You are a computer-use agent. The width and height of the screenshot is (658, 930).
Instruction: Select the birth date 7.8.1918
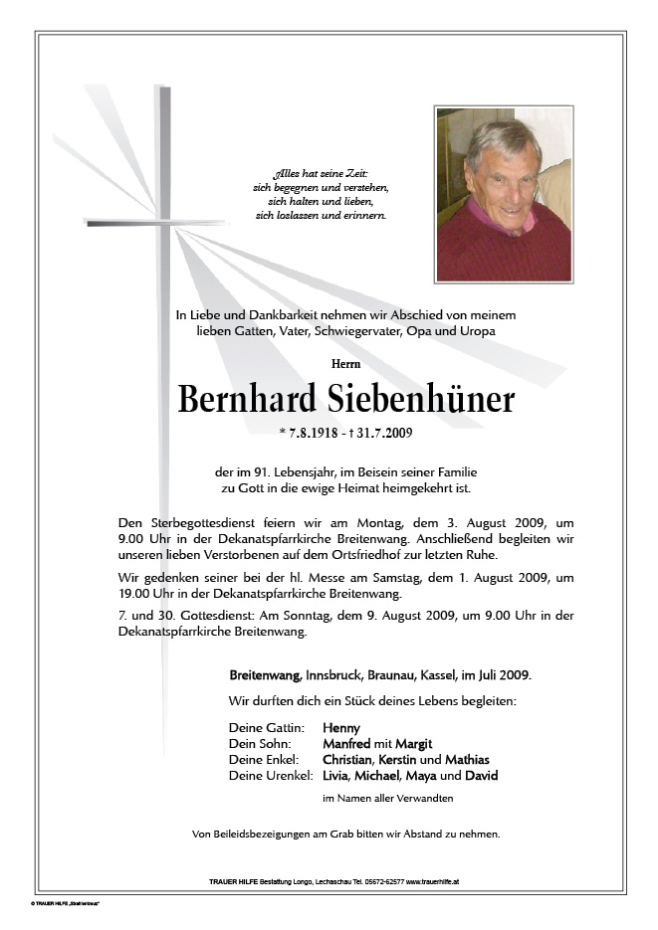(x=318, y=433)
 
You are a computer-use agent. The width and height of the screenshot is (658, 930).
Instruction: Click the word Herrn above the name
(x=345, y=364)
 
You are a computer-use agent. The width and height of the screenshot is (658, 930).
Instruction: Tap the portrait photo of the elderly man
(x=503, y=194)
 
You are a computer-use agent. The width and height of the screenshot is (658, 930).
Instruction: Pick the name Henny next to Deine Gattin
(x=341, y=727)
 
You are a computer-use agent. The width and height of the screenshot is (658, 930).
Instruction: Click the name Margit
(x=414, y=743)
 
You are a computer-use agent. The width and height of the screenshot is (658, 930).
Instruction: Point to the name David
(x=482, y=775)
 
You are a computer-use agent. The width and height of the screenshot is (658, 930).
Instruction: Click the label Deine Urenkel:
(x=271, y=775)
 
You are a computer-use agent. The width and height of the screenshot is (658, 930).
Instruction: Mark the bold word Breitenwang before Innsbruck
(x=263, y=675)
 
